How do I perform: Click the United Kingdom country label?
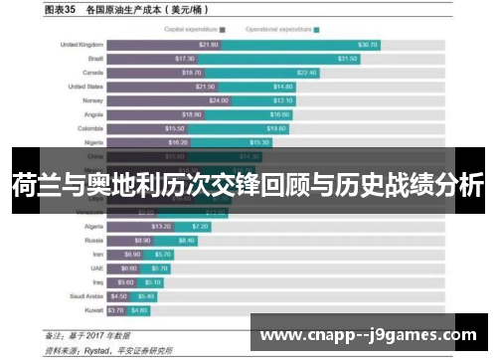[82, 45]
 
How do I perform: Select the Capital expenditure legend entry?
[196, 30]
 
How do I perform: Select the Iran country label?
[95, 255]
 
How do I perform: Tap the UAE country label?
[95, 269]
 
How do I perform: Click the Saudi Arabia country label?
[84, 296]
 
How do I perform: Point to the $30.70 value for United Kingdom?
[368, 45]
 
